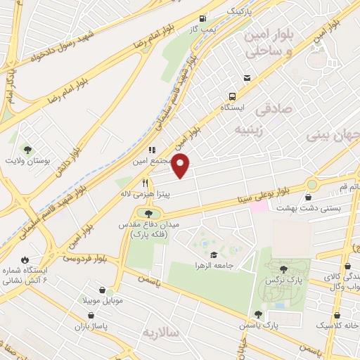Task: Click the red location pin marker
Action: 181,166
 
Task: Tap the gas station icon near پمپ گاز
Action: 203,19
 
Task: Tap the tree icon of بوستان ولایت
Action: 27,150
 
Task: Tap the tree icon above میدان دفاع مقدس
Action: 148,213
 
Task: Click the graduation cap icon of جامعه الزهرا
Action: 213,254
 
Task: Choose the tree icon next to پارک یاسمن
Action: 258,314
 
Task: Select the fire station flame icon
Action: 25,259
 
